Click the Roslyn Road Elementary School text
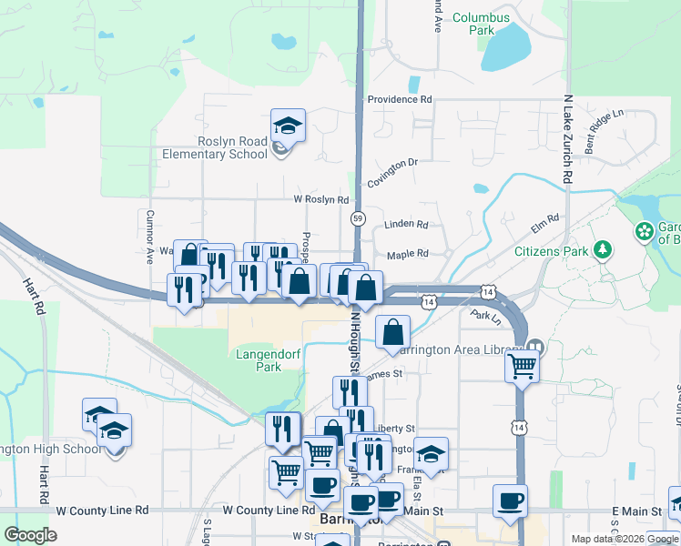pyautogui.click(x=234, y=148)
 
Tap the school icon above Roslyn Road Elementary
pyautogui.click(x=288, y=126)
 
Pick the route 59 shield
pyautogui.click(x=359, y=218)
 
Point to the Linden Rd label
pyautogui.click(x=407, y=224)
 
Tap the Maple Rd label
pyautogui.click(x=407, y=256)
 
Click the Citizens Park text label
pyautogui.click(x=550, y=251)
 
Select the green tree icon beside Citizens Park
pyautogui.click(x=601, y=249)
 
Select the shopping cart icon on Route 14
pyautogui.click(x=522, y=365)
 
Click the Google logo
pyautogui.click(x=31, y=535)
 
